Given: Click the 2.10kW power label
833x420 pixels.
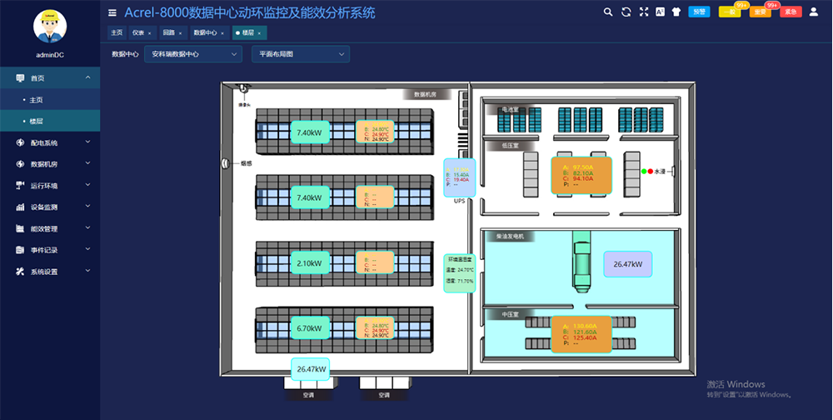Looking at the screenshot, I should [x=309, y=263].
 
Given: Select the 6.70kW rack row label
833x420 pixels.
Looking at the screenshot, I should [x=309, y=328].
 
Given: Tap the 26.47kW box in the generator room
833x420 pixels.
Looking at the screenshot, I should [x=627, y=264].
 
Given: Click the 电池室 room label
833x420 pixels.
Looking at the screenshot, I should [x=509, y=109].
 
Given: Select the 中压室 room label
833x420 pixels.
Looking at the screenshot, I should [x=510, y=315].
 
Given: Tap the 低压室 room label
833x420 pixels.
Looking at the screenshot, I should [x=510, y=145].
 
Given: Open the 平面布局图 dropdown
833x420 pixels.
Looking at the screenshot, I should [x=301, y=54].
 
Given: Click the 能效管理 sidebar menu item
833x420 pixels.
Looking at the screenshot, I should [x=44, y=228].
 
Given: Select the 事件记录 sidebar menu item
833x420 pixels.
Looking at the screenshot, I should [x=44, y=250].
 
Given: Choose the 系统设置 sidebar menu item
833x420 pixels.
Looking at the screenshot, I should [x=44, y=272].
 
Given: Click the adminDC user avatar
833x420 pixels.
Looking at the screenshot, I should [x=50, y=27].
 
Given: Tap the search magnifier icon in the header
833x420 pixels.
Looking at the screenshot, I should [x=607, y=12].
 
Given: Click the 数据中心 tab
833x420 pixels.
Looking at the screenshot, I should [x=206, y=32].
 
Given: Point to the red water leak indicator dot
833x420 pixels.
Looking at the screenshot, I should [x=651, y=171].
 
